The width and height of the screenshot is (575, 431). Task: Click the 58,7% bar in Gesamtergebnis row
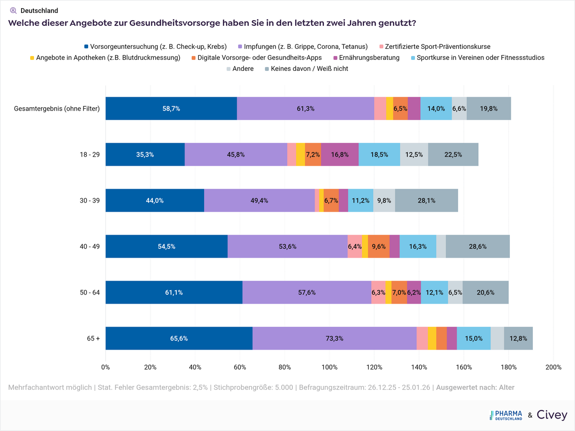(171, 109)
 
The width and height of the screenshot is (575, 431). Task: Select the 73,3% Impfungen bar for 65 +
(334, 338)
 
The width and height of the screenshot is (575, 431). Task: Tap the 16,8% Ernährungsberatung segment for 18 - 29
(340, 155)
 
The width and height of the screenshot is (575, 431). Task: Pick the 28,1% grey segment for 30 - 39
(426, 201)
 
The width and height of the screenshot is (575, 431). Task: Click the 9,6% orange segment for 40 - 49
(379, 247)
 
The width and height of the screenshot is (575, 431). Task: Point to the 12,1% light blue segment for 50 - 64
(434, 293)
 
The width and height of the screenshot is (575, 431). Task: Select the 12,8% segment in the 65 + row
(518, 338)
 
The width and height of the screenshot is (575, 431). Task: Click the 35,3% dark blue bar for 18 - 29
(145, 155)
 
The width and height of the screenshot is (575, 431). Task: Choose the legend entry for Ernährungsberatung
(369, 58)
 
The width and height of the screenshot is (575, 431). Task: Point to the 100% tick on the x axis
(329, 367)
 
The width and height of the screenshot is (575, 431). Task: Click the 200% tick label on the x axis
(553, 367)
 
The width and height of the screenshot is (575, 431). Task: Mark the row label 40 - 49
(90, 247)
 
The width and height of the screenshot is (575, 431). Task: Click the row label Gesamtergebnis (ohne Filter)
(57, 109)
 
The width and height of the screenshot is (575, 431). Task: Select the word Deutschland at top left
(39, 11)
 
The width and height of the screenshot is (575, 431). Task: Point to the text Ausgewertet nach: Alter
(475, 387)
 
